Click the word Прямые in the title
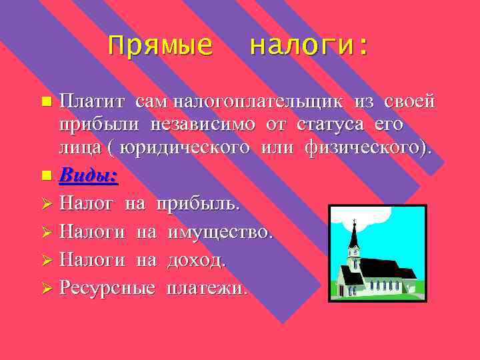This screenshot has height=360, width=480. [160, 46]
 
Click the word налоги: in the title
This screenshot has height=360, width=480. [308, 46]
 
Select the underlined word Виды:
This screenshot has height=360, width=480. [88, 175]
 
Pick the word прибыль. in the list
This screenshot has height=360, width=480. [197, 203]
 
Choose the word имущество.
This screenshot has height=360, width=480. [220, 231]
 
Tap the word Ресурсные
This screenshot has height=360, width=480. [107, 288]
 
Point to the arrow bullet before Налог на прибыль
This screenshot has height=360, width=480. [46, 203]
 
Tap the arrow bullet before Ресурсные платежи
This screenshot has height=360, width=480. [46, 288]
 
